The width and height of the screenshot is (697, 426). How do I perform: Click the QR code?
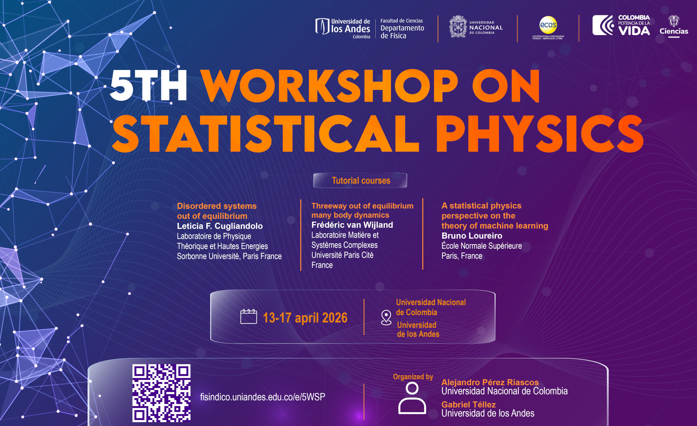(x=161, y=393)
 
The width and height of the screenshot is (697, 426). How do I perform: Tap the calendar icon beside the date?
(x=248, y=316)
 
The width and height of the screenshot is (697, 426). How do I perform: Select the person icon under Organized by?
(x=412, y=398)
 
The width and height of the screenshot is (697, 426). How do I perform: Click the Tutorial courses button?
(x=360, y=180)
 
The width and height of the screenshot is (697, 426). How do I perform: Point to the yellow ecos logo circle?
(x=548, y=25)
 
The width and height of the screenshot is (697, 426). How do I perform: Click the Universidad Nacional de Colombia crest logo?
(x=458, y=26)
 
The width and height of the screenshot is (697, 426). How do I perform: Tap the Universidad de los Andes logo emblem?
(x=322, y=26)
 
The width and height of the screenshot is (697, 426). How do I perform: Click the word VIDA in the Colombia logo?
(x=634, y=31)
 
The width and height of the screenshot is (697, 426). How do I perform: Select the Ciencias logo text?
(x=674, y=31)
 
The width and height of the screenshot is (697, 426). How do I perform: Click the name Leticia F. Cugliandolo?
(x=220, y=226)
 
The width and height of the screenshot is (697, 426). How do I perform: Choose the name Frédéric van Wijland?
(x=352, y=225)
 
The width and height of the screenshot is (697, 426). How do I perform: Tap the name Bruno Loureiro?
(x=472, y=236)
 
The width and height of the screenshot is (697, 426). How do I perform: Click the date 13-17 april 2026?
(x=305, y=318)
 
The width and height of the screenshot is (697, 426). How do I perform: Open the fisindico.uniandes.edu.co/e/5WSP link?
(x=262, y=397)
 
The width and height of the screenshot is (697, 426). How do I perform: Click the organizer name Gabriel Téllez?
(x=468, y=404)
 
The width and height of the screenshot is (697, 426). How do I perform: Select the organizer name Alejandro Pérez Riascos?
(x=490, y=382)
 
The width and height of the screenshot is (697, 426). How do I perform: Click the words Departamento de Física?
(x=402, y=32)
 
